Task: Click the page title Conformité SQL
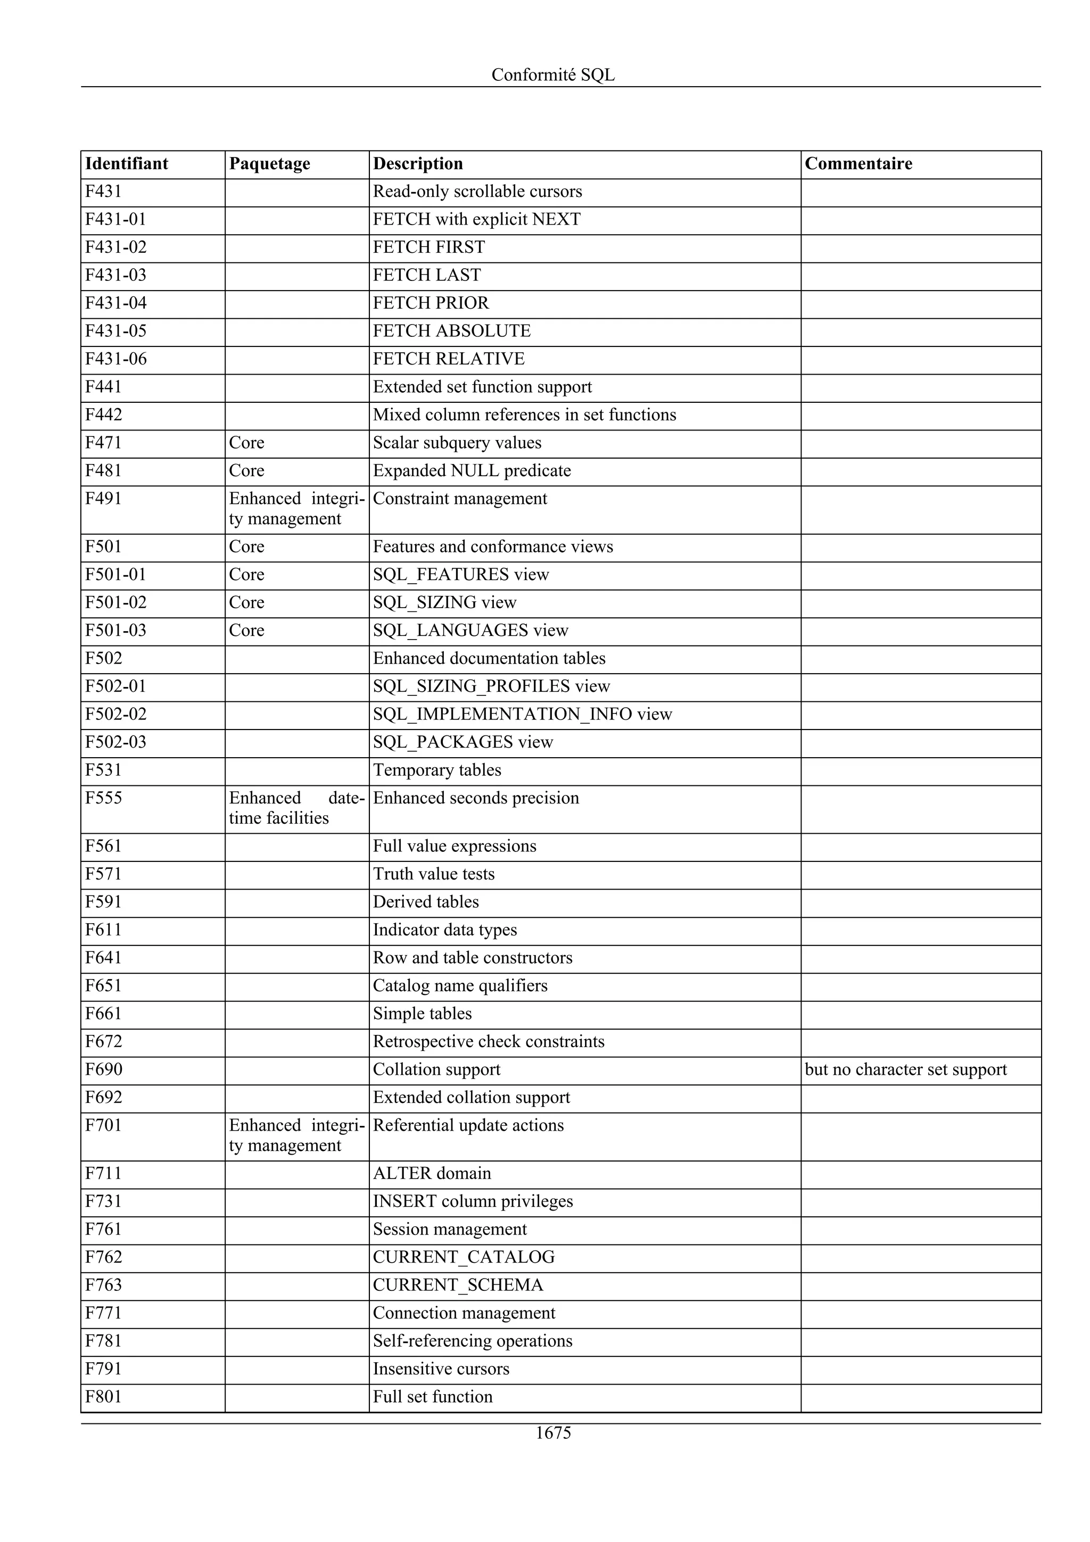pos(553,74)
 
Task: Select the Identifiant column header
pos(126,164)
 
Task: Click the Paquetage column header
pos(269,164)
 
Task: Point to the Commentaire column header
pos(858,164)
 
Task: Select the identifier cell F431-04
pos(115,303)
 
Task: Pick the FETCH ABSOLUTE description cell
pos(451,331)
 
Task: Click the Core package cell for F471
pos(246,443)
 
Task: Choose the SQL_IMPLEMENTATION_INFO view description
pos(522,714)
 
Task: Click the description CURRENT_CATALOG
pos(464,1257)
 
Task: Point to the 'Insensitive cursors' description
pos(441,1369)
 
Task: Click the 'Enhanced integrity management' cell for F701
pos(296,1135)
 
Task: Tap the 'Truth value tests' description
pos(433,874)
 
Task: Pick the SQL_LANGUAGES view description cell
pos(470,630)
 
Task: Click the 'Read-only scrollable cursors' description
pos(477,192)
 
